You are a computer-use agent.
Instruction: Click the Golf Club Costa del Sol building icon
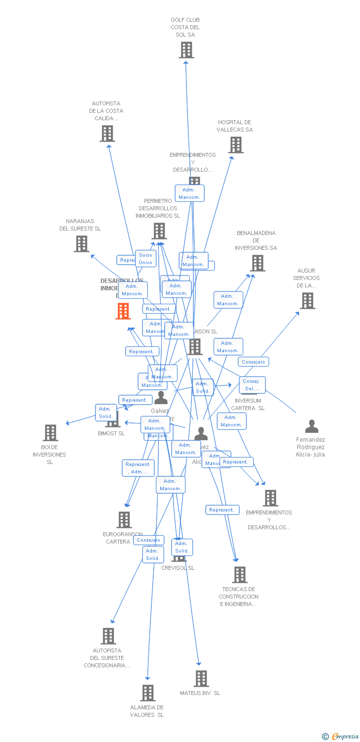(186, 50)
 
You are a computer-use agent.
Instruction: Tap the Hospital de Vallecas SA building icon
(236, 145)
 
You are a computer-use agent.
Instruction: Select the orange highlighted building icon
(123, 311)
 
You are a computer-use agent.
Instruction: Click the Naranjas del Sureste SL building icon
(82, 244)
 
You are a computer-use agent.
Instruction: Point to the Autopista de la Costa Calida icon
(107, 134)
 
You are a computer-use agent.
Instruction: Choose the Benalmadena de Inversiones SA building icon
(258, 263)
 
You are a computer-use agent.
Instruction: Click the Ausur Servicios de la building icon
(308, 301)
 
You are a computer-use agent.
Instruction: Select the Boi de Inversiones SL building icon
(50, 433)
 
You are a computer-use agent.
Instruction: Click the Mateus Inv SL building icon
(201, 679)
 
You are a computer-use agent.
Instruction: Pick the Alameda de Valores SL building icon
(148, 693)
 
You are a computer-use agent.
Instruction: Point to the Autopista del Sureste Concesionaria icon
(108, 636)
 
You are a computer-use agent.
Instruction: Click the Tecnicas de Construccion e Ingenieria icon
(240, 575)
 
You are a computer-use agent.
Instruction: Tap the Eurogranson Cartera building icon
(124, 520)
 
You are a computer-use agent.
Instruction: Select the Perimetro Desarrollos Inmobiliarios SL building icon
(159, 231)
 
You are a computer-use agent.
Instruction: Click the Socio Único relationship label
(146, 259)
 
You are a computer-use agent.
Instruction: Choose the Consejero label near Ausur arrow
(253, 362)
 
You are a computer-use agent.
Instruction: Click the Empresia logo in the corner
(341, 737)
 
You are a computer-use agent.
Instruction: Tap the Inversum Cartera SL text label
(248, 404)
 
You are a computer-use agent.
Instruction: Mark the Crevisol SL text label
(178, 568)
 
